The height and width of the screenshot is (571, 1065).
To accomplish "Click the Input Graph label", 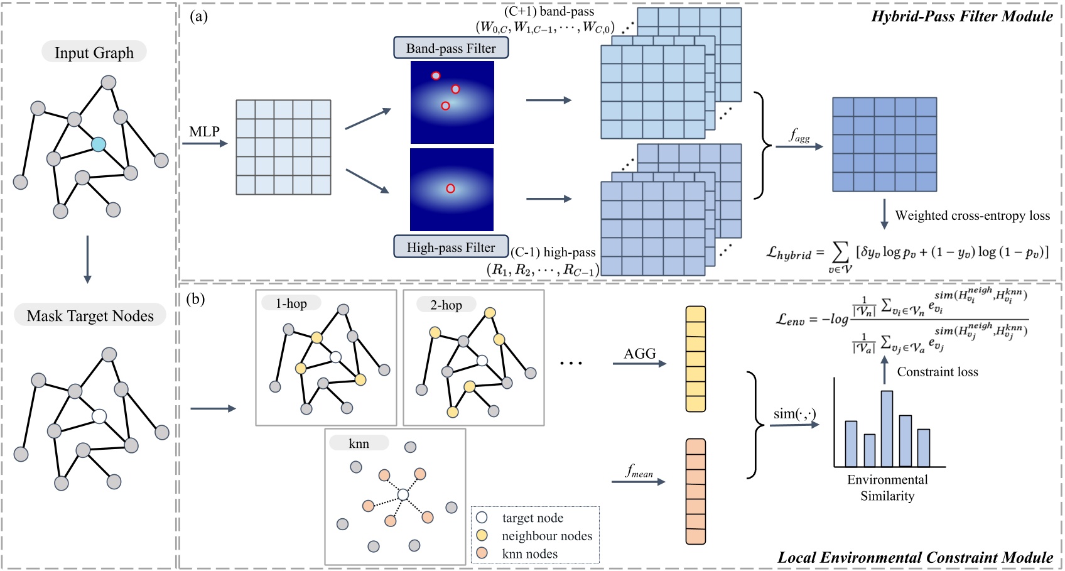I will tap(94, 52).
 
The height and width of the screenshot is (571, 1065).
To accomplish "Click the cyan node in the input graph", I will tap(98, 144).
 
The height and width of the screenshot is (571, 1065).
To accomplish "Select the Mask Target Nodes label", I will tap(90, 315).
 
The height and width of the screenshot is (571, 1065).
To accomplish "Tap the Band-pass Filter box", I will tap(451, 48).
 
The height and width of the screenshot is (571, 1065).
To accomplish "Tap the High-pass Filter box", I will tap(451, 247).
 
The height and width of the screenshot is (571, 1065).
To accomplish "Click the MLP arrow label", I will tap(205, 132).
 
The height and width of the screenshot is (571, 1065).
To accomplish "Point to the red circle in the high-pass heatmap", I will tap(450, 188).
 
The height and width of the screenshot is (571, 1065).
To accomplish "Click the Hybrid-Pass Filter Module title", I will tap(961, 16).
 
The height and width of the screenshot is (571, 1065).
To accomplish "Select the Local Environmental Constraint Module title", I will tap(915, 557).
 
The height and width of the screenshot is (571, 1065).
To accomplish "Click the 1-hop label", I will tap(291, 303).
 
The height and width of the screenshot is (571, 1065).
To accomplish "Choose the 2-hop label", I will tap(446, 305).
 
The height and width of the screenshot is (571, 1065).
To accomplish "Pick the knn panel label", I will tap(359, 443).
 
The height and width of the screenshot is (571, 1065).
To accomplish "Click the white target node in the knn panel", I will tap(403, 495).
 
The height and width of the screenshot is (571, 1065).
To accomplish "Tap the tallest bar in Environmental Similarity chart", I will tap(887, 428).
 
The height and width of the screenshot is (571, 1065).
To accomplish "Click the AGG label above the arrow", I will tap(639, 354).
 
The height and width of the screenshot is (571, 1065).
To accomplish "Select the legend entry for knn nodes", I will tap(529, 553).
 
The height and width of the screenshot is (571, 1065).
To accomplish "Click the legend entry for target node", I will tap(532, 518).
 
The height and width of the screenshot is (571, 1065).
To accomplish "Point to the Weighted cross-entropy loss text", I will tap(972, 215).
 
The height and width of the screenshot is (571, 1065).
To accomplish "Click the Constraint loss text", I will tap(937, 372).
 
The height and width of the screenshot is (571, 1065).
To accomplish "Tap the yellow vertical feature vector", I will tap(696, 359).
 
